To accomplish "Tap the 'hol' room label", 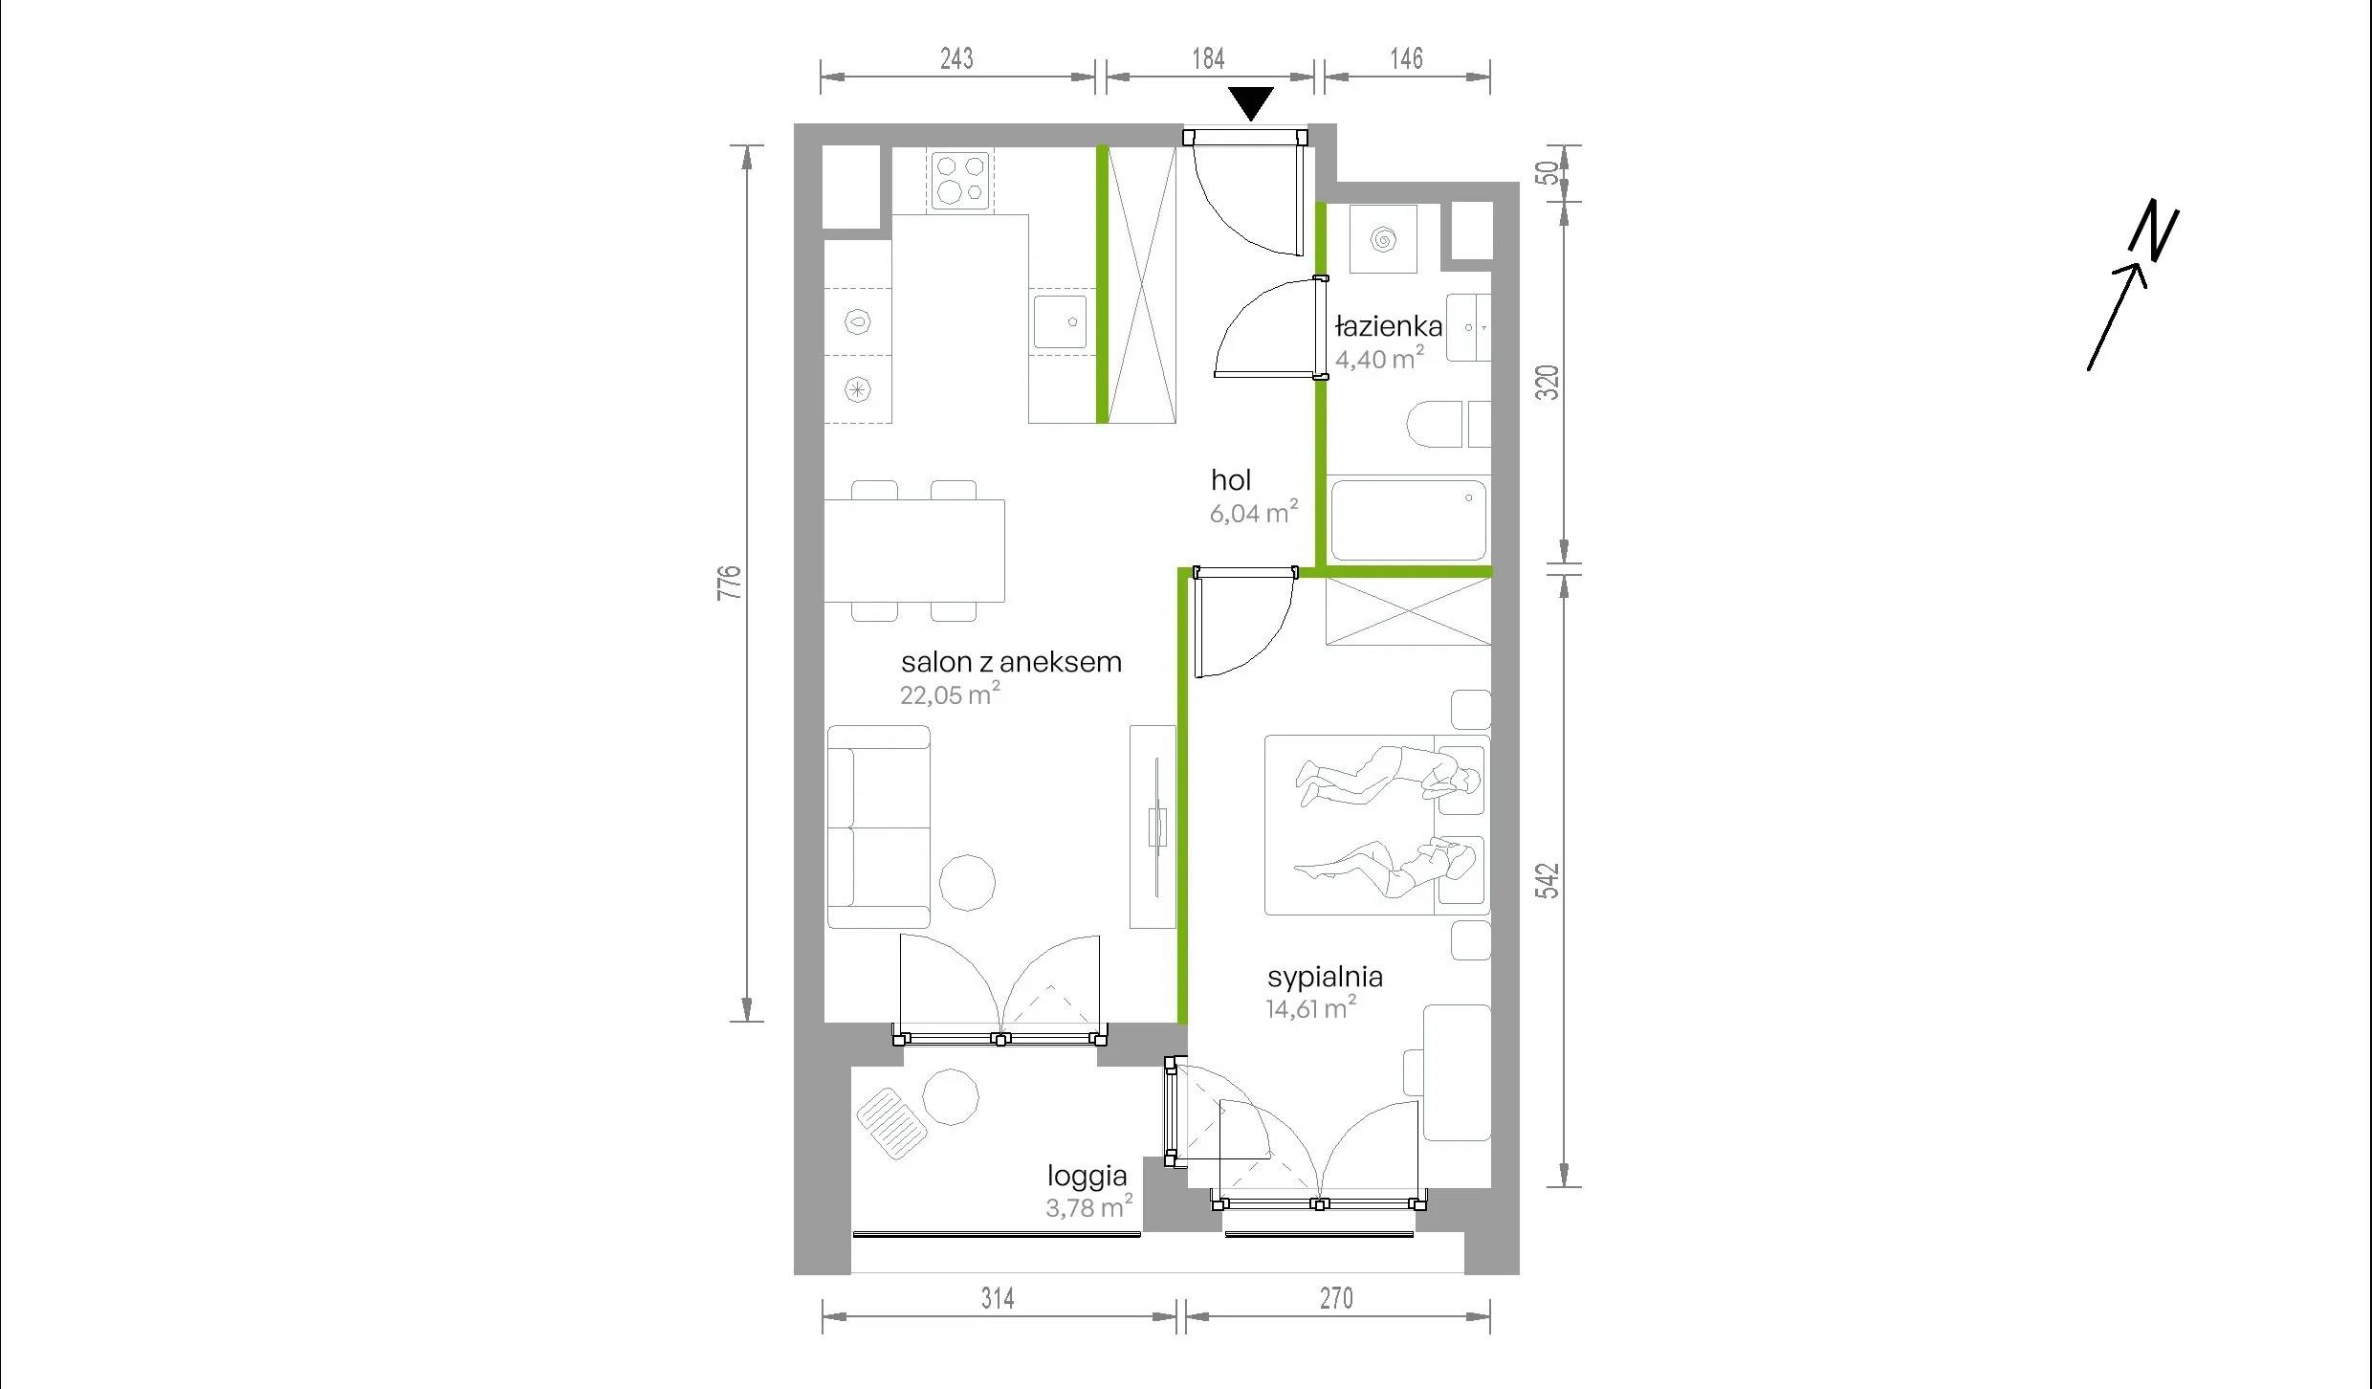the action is (1231, 479).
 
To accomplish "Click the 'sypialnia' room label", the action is (1325, 977).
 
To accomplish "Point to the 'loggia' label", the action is (1087, 1176).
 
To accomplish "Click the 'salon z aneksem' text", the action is (1011, 661).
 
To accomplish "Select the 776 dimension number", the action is (730, 583).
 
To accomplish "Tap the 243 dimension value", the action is (956, 58).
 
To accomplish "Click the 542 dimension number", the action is (1548, 881).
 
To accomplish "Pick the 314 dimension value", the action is (998, 1298).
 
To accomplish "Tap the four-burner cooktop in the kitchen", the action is (959, 179).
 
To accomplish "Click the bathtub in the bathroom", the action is (1408, 519).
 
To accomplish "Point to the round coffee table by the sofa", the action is (968, 882).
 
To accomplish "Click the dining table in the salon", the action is (914, 550).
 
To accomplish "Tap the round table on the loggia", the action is (951, 1096).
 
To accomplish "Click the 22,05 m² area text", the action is (950, 694).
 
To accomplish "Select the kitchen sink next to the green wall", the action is (1061, 321).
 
